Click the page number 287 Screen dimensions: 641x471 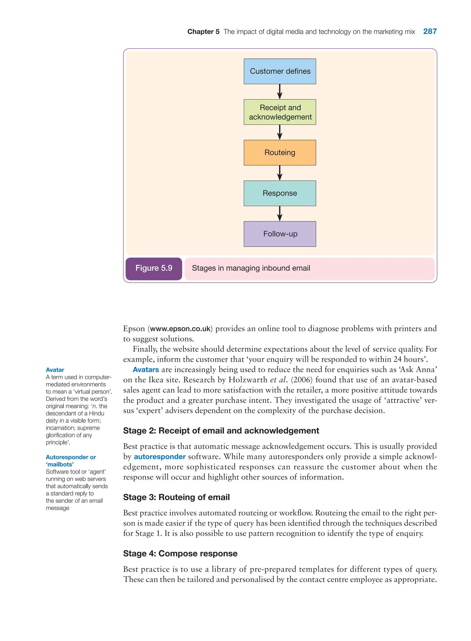[430, 31]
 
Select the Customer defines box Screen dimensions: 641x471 [280, 71]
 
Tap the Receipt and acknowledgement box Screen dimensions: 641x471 [280, 112]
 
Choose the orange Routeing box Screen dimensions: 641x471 [280, 152]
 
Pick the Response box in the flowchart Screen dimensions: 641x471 [280, 193]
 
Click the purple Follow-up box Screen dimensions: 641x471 [280, 234]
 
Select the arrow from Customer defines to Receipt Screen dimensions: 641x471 [280, 92]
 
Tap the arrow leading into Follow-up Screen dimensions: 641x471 [280, 214]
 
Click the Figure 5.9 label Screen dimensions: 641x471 [154, 268]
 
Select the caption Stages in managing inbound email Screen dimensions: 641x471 [251, 268]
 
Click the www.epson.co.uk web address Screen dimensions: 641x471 [180, 329]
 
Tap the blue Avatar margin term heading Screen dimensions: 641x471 [55, 370]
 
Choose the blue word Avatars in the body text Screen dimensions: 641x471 [146, 370]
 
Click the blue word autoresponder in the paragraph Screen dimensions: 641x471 [160, 457]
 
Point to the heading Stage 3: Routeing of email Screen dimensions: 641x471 [176, 497]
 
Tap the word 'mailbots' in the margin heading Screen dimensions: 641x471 [60, 464]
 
